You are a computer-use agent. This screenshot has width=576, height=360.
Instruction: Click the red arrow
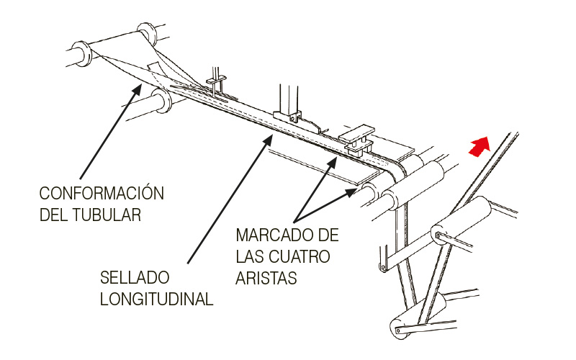point(480,147)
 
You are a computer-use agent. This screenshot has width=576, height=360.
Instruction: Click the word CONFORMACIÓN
point(102,193)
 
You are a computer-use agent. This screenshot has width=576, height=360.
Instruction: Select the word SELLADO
point(135,277)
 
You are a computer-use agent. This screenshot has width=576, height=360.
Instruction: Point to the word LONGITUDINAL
point(156,299)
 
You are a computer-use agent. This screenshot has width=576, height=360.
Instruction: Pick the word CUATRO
point(300,256)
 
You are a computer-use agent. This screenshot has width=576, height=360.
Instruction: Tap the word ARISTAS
point(266,278)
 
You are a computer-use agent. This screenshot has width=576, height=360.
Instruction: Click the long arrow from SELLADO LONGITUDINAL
point(230,199)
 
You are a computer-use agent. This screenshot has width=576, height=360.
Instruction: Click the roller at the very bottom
point(416,317)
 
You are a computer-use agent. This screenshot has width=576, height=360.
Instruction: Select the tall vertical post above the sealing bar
point(289,99)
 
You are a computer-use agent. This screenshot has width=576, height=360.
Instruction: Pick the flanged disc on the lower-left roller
point(161,102)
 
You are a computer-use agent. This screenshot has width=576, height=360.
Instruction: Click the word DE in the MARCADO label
point(328,235)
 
